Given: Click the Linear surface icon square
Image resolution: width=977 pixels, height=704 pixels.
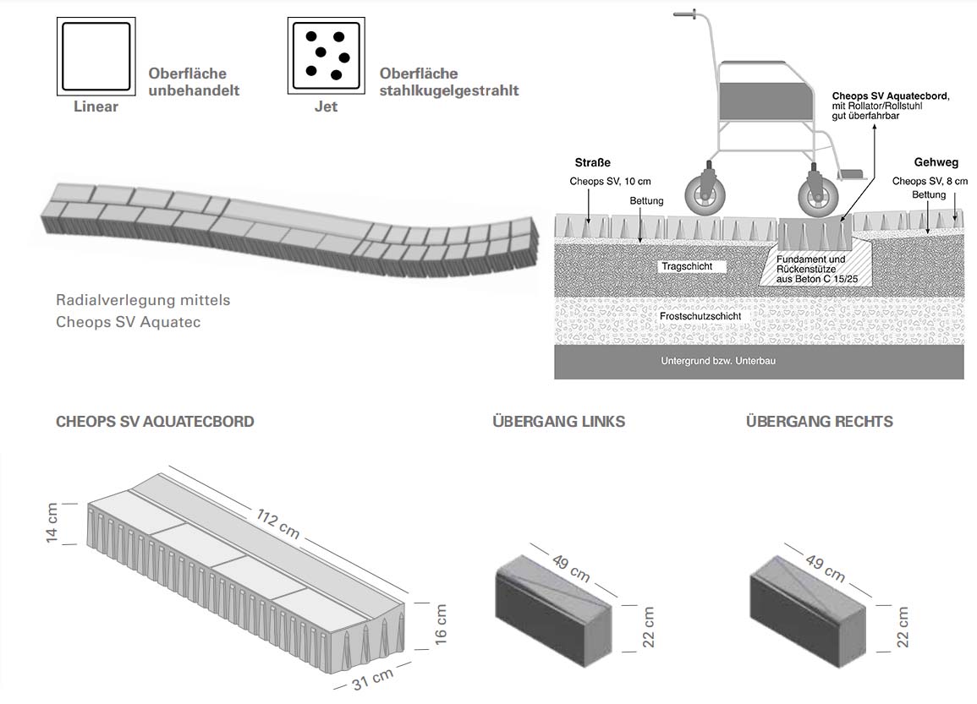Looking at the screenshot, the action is click(x=96, y=57).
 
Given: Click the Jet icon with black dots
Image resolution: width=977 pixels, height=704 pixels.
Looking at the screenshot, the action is click(x=326, y=56).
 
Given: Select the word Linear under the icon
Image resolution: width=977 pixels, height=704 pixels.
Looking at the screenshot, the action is click(x=96, y=106).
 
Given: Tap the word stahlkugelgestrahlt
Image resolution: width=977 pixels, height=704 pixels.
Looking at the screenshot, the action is click(x=449, y=91).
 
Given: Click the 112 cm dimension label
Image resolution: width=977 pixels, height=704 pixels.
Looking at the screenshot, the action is click(x=278, y=523).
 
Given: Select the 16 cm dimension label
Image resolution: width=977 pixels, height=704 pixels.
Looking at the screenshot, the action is click(x=441, y=625).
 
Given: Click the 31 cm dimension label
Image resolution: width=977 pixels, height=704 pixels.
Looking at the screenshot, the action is click(x=372, y=679).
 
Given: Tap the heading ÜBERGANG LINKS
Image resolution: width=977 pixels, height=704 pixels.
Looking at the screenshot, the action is click(x=559, y=422).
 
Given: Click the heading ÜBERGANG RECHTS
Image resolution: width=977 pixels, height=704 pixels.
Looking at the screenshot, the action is click(x=820, y=422).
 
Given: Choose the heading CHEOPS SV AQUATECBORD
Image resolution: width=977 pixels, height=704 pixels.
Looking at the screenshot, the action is click(x=155, y=422).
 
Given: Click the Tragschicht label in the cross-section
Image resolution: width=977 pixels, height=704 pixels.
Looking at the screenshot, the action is click(x=687, y=266).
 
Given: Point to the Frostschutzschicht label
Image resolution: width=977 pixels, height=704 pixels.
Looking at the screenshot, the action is click(x=700, y=316).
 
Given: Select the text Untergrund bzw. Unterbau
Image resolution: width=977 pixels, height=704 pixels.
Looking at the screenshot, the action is click(x=718, y=361).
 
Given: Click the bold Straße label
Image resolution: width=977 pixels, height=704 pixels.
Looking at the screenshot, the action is click(x=593, y=163).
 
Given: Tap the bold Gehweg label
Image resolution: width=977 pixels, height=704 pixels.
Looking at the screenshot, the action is click(x=936, y=162).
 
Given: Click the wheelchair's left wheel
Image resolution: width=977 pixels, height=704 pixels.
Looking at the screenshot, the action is click(x=704, y=195).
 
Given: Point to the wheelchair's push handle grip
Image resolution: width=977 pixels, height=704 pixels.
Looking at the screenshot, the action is click(x=685, y=14).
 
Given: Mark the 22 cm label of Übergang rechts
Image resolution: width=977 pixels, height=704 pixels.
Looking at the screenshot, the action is click(x=903, y=627).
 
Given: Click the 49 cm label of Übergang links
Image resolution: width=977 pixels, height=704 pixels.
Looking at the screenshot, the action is click(x=571, y=568).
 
